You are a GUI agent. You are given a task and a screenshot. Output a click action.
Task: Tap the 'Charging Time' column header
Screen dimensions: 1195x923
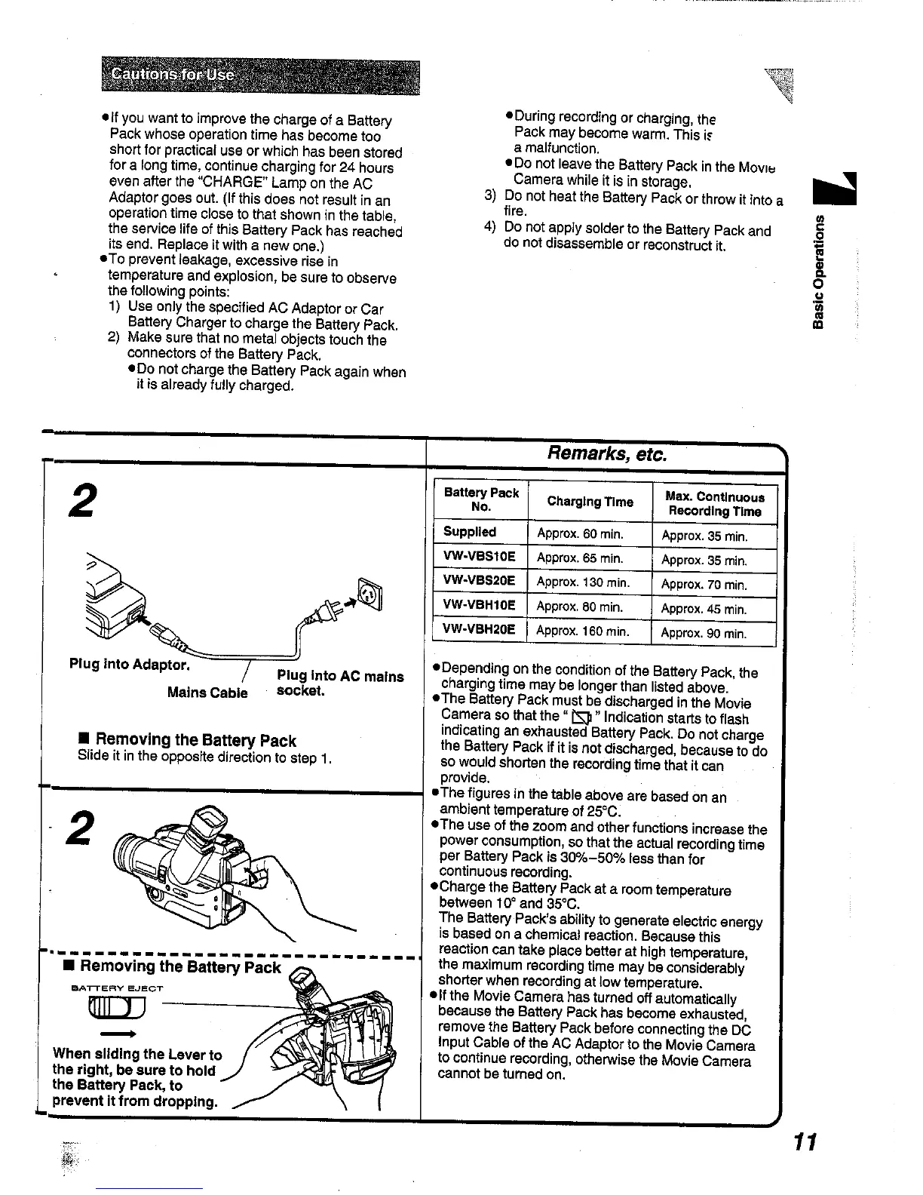(590, 502)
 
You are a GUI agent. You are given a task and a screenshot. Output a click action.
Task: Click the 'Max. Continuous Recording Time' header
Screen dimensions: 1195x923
(714, 504)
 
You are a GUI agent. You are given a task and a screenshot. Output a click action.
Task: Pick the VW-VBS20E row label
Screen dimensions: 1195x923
(480, 581)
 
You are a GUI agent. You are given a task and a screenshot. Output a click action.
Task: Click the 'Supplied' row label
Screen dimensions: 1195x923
(470, 532)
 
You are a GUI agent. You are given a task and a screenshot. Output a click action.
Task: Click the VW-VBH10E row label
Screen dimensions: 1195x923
(480, 605)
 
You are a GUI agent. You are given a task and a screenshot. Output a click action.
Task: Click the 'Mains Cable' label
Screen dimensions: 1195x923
(207, 693)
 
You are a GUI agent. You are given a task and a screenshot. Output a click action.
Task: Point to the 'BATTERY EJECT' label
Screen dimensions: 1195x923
(117, 988)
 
